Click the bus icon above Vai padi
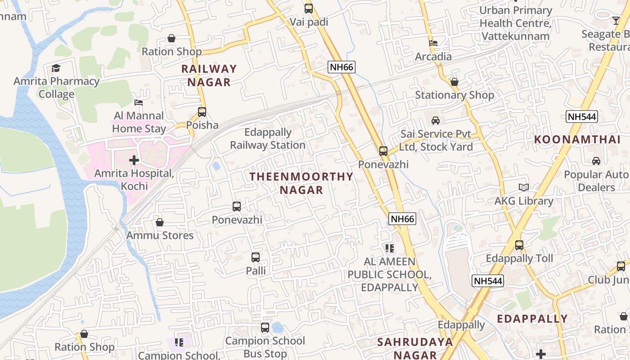(308, 8)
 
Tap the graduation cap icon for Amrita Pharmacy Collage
(56, 68)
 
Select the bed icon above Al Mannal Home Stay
(139, 103)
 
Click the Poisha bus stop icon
(202, 112)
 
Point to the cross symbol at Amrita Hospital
(134, 160)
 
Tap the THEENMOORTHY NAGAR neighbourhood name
(301, 183)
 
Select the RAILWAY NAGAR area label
(209, 76)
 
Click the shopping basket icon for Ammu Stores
(160, 222)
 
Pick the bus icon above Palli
(256, 257)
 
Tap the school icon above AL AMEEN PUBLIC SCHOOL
(390, 248)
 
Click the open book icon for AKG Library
(524, 187)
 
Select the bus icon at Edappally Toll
(519, 245)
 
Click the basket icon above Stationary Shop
(454, 82)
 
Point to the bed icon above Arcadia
(433, 43)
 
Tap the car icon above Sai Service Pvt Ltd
(436, 121)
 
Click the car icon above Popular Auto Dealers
(596, 161)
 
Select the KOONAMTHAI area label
(577, 139)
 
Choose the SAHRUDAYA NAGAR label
(415, 348)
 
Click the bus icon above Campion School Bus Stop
(265, 327)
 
